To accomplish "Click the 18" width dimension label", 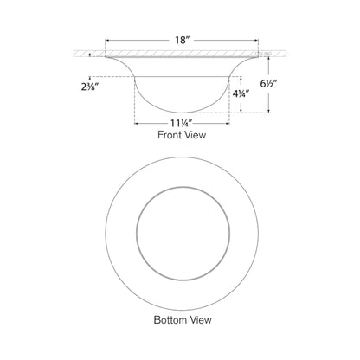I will pos(180,39).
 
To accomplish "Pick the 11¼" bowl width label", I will pos(179,123).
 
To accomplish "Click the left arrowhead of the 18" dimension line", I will pos(107,40).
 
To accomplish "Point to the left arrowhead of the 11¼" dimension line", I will pos(135,124).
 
